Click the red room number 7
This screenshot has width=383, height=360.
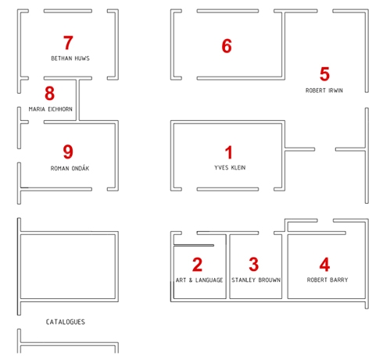(x=68, y=43)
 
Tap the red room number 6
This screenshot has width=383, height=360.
(x=227, y=46)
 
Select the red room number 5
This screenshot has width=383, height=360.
(x=324, y=74)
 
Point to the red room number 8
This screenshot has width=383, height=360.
(x=49, y=93)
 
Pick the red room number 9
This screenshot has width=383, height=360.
(x=68, y=151)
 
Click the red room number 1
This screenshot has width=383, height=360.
(x=229, y=152)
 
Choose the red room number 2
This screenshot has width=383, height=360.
(x=197, y=265)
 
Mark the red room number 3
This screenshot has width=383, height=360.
(x=254, y=264)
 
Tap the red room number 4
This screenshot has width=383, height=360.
(x=324, y=265)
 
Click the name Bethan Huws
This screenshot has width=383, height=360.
(x=70, y=59)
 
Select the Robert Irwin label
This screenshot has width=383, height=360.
(x=324, y=91)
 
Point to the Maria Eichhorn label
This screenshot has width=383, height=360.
(x=51, y=109)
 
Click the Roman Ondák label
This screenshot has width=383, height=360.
(x=70, y=168)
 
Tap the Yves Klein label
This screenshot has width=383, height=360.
(x=230, y=168)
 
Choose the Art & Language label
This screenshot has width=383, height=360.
(x=199, y=280)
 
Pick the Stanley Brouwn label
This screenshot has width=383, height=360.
(x=256, y=280)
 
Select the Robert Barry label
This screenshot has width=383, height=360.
(x=328, y=280)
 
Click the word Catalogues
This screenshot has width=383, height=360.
(x=66, y=322)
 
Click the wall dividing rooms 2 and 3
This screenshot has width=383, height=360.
(x=227, y=266)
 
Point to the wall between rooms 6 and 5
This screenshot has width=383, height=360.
(x=284, y=45)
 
